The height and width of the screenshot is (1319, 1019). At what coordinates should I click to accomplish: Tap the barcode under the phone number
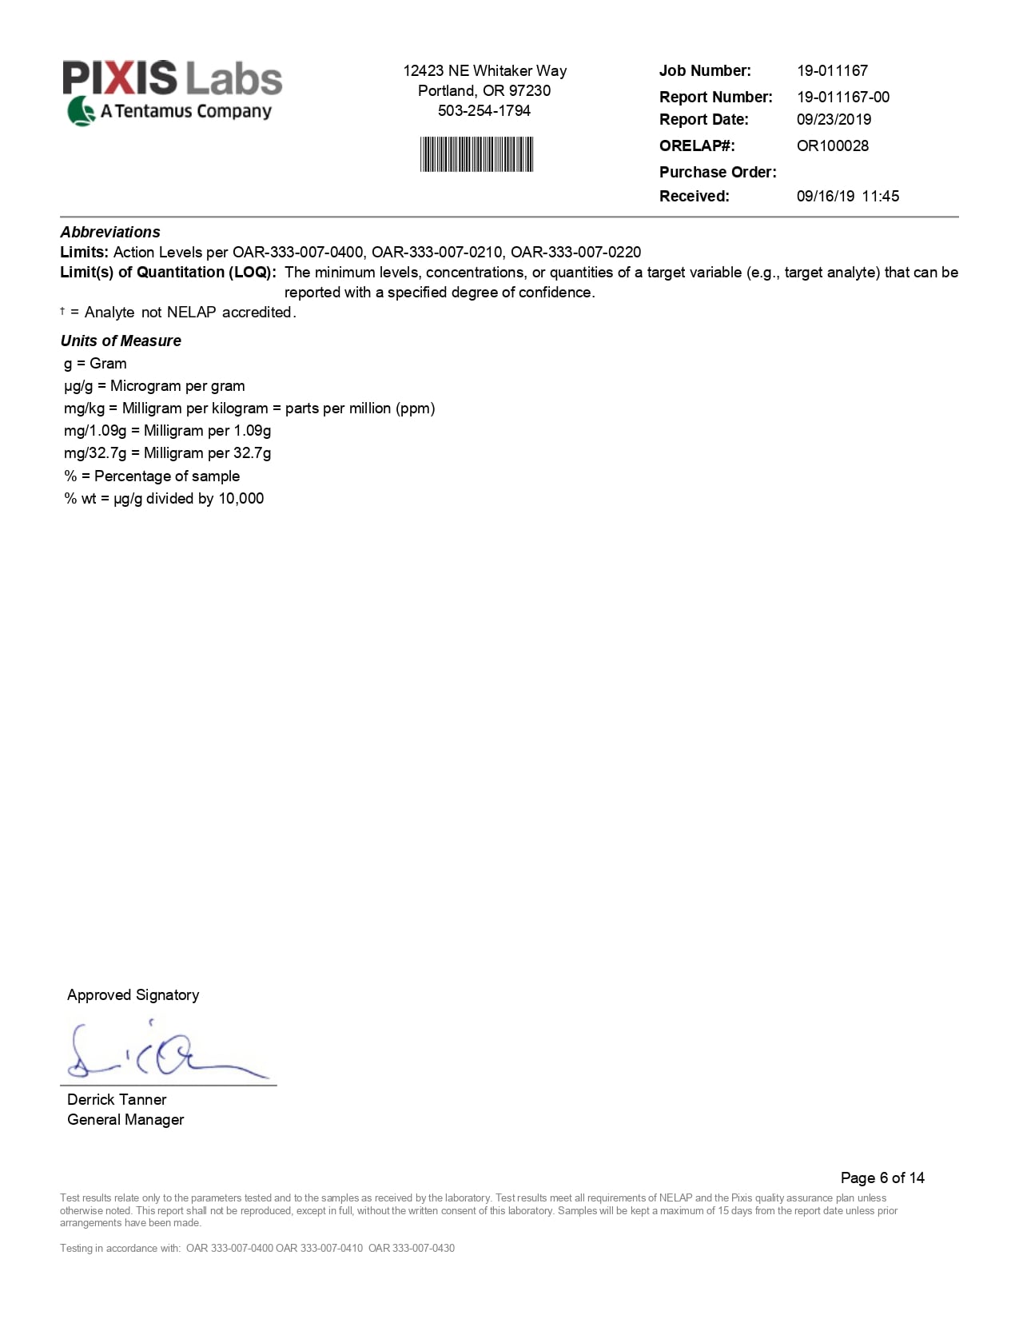(476, 154)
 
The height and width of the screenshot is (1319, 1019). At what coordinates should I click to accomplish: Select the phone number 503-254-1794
(484, 111)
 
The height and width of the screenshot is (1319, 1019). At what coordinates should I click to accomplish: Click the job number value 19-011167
(832, 71)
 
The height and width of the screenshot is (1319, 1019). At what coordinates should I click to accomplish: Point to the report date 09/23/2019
(834, 120)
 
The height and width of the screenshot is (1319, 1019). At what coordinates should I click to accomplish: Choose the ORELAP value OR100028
(832, 146)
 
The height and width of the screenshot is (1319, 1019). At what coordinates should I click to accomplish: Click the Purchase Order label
(717, 173)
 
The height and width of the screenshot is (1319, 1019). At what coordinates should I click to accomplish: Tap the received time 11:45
(880, 197)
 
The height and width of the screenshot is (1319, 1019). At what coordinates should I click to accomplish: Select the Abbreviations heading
(110, 233)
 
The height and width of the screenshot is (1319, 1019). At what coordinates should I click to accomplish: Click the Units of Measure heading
(121, 341)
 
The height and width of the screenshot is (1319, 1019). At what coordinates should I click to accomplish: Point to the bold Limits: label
(84, 253)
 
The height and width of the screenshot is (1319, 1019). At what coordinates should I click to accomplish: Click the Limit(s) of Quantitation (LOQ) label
(168, 273)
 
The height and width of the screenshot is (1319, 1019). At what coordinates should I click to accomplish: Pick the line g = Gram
(95, 364)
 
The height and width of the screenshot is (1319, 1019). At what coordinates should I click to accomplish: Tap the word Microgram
(145, 386)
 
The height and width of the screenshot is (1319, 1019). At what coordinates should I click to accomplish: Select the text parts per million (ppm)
(360, 408)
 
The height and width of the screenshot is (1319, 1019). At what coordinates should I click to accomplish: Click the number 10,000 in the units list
(241, 499)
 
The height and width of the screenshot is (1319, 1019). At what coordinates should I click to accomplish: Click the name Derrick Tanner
(117, 1100)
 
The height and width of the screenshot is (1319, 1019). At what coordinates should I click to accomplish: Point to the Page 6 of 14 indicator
(882, 1178)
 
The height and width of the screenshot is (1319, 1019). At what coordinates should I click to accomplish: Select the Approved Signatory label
(133, 995)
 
